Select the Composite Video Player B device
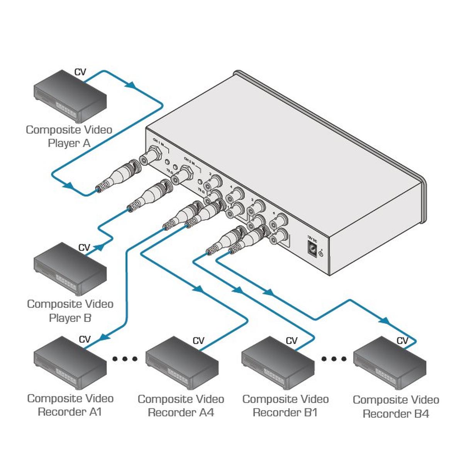[x=70, y=269]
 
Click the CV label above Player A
[x=80, y=72]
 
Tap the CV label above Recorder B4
[x=402, y=341]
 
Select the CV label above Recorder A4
[x=198, y=341]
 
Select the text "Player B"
[x=70, y=318]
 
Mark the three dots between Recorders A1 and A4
[x=125, y=359]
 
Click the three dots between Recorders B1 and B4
[x=334, y=359]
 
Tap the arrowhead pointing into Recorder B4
[x=384, y=320]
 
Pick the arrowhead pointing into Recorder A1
[x=104, y=337]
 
